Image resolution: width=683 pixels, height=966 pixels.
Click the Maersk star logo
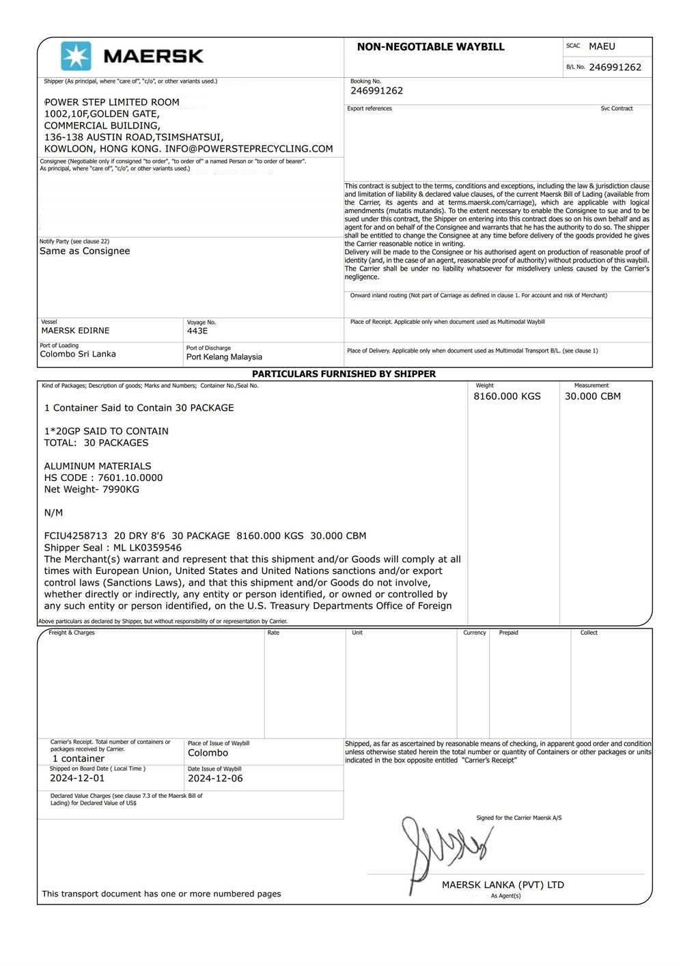click(76, 56)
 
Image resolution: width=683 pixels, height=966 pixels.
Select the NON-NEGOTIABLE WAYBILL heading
click(430, 47)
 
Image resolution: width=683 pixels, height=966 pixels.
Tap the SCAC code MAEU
click(602, 46)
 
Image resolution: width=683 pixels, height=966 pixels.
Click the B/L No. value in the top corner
click(615, 67)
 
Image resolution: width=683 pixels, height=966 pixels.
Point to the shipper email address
click(249, 149)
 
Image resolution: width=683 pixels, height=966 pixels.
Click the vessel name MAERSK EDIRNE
click(75, 331)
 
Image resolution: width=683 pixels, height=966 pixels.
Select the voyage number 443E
click(197, 331)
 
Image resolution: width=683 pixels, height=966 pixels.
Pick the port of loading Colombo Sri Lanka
click(78, 354)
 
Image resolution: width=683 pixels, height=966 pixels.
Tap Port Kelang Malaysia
click(224, 357)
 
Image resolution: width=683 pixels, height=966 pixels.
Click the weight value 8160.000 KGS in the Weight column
click(507, 396)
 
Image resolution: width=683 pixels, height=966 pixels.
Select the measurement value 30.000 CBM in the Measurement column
click(592, 396)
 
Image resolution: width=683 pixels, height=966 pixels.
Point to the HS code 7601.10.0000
click(130, 478)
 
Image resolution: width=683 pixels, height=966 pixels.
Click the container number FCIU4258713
click(76, 536)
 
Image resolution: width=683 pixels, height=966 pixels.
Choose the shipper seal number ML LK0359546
click(148, 547)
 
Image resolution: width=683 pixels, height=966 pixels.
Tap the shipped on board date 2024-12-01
click(77, 778)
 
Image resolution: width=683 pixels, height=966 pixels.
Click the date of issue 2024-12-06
click(215, 778)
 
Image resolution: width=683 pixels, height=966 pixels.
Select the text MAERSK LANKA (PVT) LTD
click(503, 885)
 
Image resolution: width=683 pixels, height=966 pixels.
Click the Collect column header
click(589, 633)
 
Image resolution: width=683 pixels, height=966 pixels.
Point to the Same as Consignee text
click(85, 251)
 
